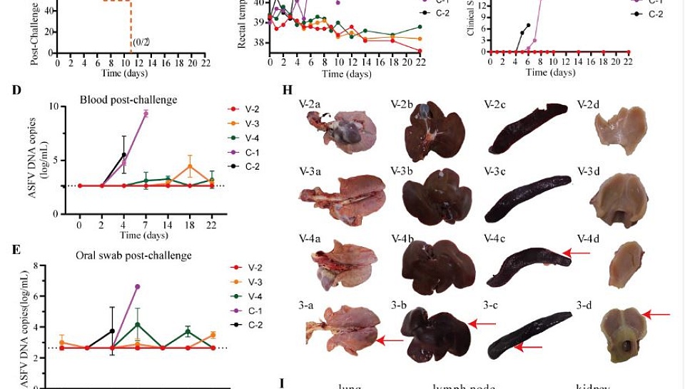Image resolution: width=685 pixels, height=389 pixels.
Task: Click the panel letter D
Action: (16, 90)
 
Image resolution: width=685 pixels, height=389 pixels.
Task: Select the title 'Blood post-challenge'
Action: (128, 100)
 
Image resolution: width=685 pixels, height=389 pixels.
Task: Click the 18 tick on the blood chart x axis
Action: (190, 225)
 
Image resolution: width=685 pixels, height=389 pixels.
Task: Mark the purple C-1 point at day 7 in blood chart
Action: (146, 113)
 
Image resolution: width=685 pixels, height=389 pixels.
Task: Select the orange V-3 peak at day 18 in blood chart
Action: (190, 166)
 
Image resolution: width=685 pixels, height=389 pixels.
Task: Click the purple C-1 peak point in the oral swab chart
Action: (137, 286)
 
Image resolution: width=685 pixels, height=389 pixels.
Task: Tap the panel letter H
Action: (288, 91)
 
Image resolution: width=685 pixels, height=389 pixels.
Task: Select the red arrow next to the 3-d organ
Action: (658, 313)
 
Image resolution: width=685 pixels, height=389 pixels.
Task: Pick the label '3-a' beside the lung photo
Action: (306, 305)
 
